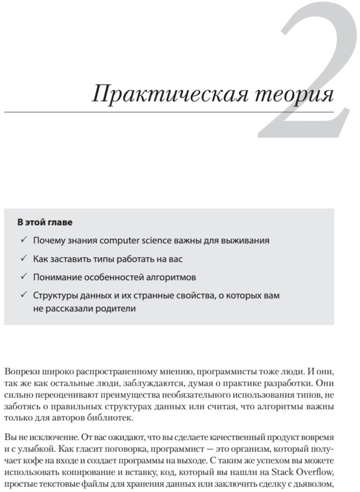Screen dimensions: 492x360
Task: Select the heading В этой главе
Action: point(45,222)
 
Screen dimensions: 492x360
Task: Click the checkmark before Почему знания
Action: point(23,240)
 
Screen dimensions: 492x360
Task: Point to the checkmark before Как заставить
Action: point(23,259)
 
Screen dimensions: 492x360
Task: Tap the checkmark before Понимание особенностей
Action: point(23,277)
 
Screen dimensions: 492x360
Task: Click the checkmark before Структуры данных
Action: point(23,295)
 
